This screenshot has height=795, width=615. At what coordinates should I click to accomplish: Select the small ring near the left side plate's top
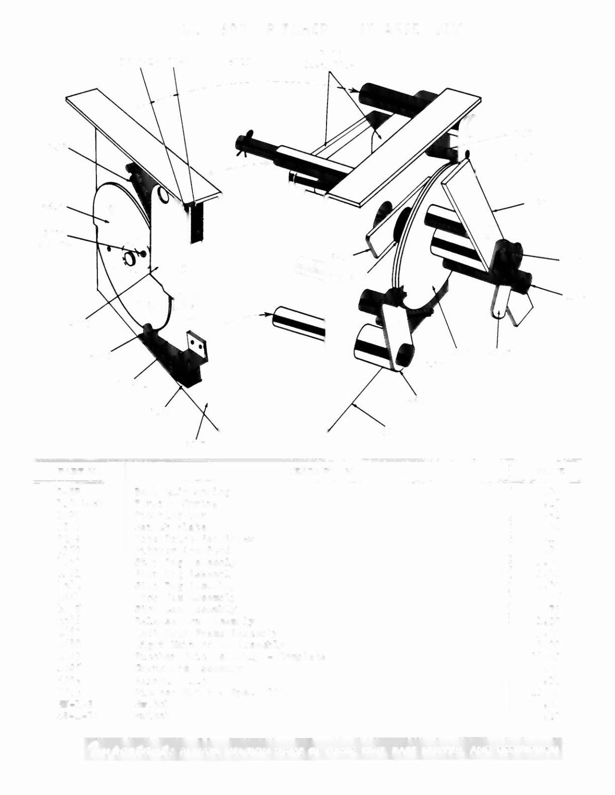tap(163, 194)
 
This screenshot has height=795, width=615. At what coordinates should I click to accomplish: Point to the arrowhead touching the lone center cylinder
tap(264, 315)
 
